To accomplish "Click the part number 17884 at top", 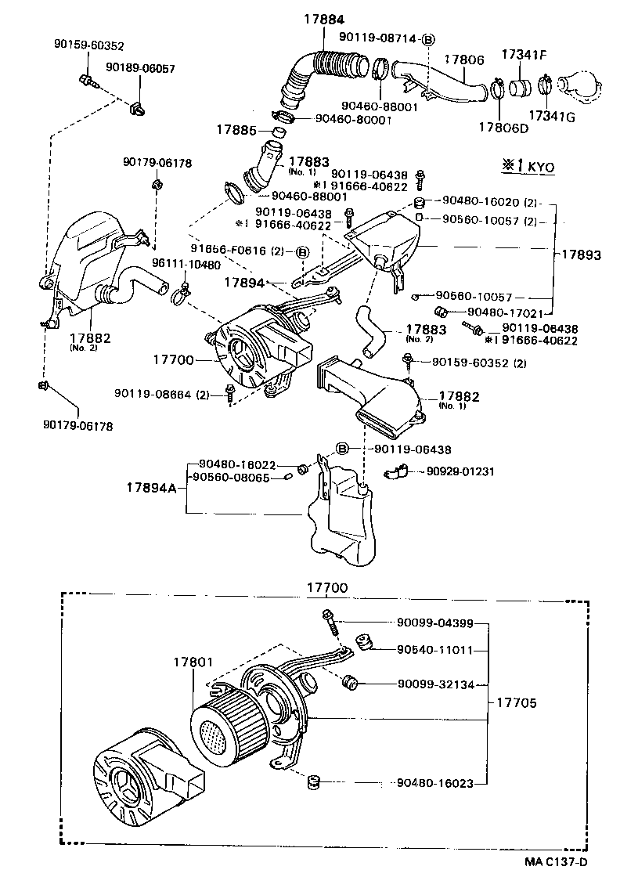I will tap(324, 18).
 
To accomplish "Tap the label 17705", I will tap(516, 702).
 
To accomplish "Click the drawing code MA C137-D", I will tap(556, 862).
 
